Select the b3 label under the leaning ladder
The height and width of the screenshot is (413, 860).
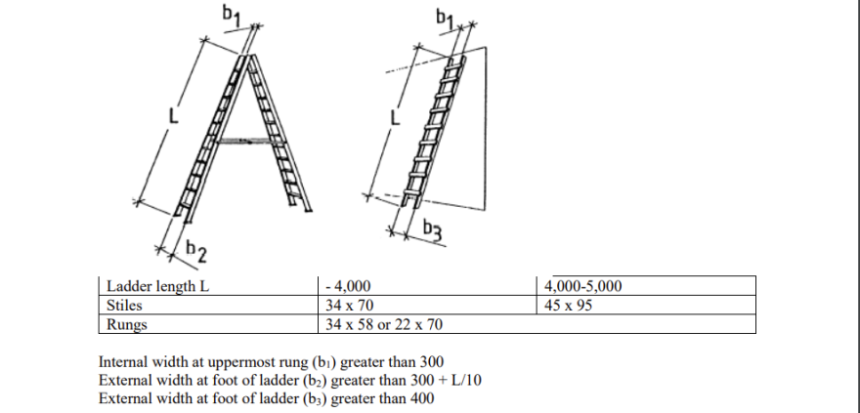[x=435, y=230]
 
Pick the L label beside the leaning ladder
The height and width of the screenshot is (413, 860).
[x=396, y=118]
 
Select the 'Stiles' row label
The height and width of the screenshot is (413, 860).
[x=124, y=305]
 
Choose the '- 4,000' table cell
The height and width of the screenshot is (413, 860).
[x=348, y=287]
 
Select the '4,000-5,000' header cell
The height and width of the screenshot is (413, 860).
[x=582, y=287]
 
